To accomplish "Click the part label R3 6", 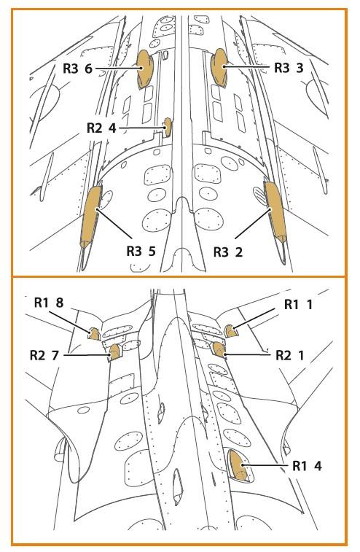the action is pyautogui.click(x=77, y=69).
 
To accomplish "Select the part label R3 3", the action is pyautogui.click(x=289, y=68).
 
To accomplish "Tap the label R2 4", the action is pyautogui.click(x=101, y=128).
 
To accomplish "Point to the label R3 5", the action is pyautogui.click(x=141, y=252).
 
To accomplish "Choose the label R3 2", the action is pyautogui.click(x=228, y=252).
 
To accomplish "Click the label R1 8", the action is pyautogui.click(x=49, y=303).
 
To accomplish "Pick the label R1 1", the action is pyautogui.click(x=298, y=305).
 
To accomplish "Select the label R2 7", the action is pyautogui.click(x=44, y=355).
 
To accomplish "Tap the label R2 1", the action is pyautogui.click(x=289, y=356).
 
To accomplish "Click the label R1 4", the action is pyautogui.click(x=307, y=466).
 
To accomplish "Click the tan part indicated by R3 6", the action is pyautogui.click(x=144, y=69).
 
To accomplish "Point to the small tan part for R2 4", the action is pyautogui.click(x=168, y=127).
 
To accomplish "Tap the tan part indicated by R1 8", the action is pyautogui.click(x=94, y=334).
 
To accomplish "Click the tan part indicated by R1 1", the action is pyautogui.click(x=230, y=331).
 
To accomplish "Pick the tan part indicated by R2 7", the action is pyautogui.click(x=114, y=352).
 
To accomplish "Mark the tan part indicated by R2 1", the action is pyautogui.click(x=219, y=349).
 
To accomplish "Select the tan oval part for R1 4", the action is pyautogui.click(x=238, y=465).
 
